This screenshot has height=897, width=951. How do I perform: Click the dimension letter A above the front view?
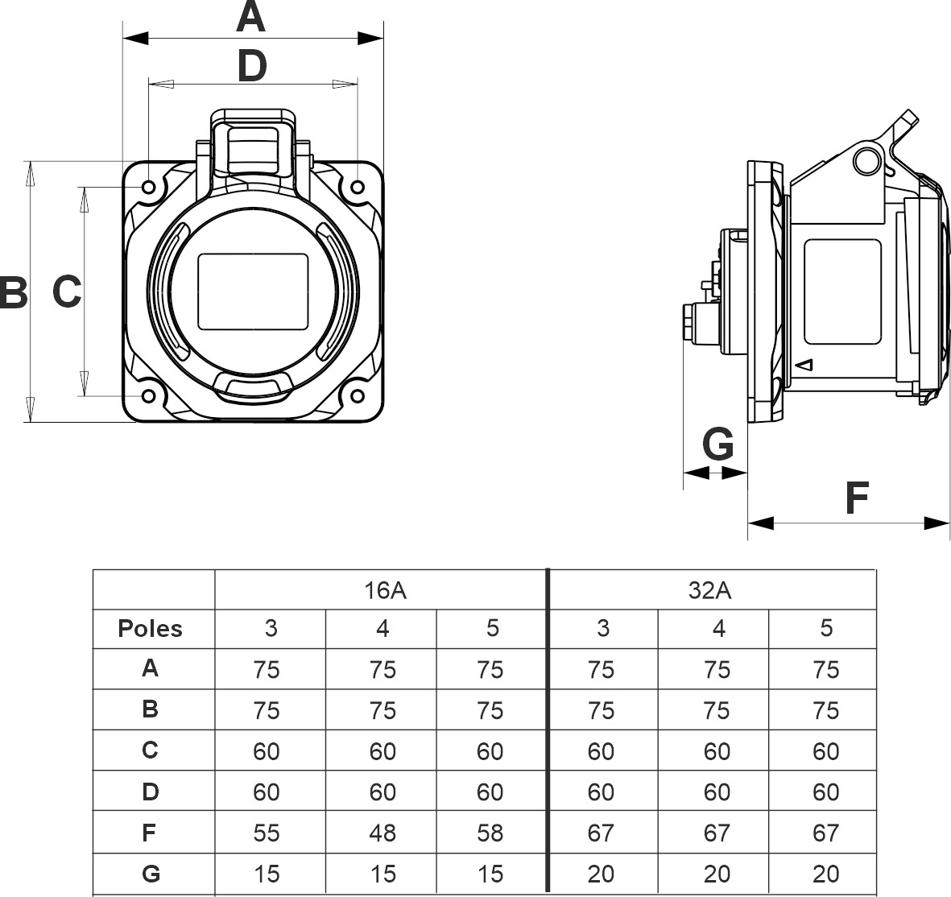coord(251,18)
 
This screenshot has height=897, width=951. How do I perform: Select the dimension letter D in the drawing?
coord(252,66)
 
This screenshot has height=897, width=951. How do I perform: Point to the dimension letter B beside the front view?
coord(13,291)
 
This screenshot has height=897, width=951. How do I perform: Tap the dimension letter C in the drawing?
coord(67,291)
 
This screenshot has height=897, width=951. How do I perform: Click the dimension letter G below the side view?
coord(718,444)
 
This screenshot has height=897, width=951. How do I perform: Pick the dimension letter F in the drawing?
coord(857,498)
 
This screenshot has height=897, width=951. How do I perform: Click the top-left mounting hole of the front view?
coord(149,188)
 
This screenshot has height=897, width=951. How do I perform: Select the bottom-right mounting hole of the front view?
coord(357,396)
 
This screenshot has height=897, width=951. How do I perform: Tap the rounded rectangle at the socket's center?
coord(254,291)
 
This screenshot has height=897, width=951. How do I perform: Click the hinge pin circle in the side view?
coord(866,160)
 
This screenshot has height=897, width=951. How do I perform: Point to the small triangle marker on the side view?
coord(804,365)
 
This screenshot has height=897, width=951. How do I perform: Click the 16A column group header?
coord(384,590)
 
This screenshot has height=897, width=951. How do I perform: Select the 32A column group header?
coord(709,590)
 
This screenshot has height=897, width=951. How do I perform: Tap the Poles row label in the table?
coord(151,629)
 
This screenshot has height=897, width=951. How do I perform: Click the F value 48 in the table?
coord(382,833)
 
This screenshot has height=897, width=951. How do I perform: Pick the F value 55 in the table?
coord(267,833)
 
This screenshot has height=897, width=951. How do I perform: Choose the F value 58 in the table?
coord(490,833)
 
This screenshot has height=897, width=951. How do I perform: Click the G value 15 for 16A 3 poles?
coord(267,874)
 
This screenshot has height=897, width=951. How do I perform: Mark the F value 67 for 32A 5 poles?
coord(826,833)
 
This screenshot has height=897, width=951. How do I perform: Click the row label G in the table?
coord(151,874)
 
